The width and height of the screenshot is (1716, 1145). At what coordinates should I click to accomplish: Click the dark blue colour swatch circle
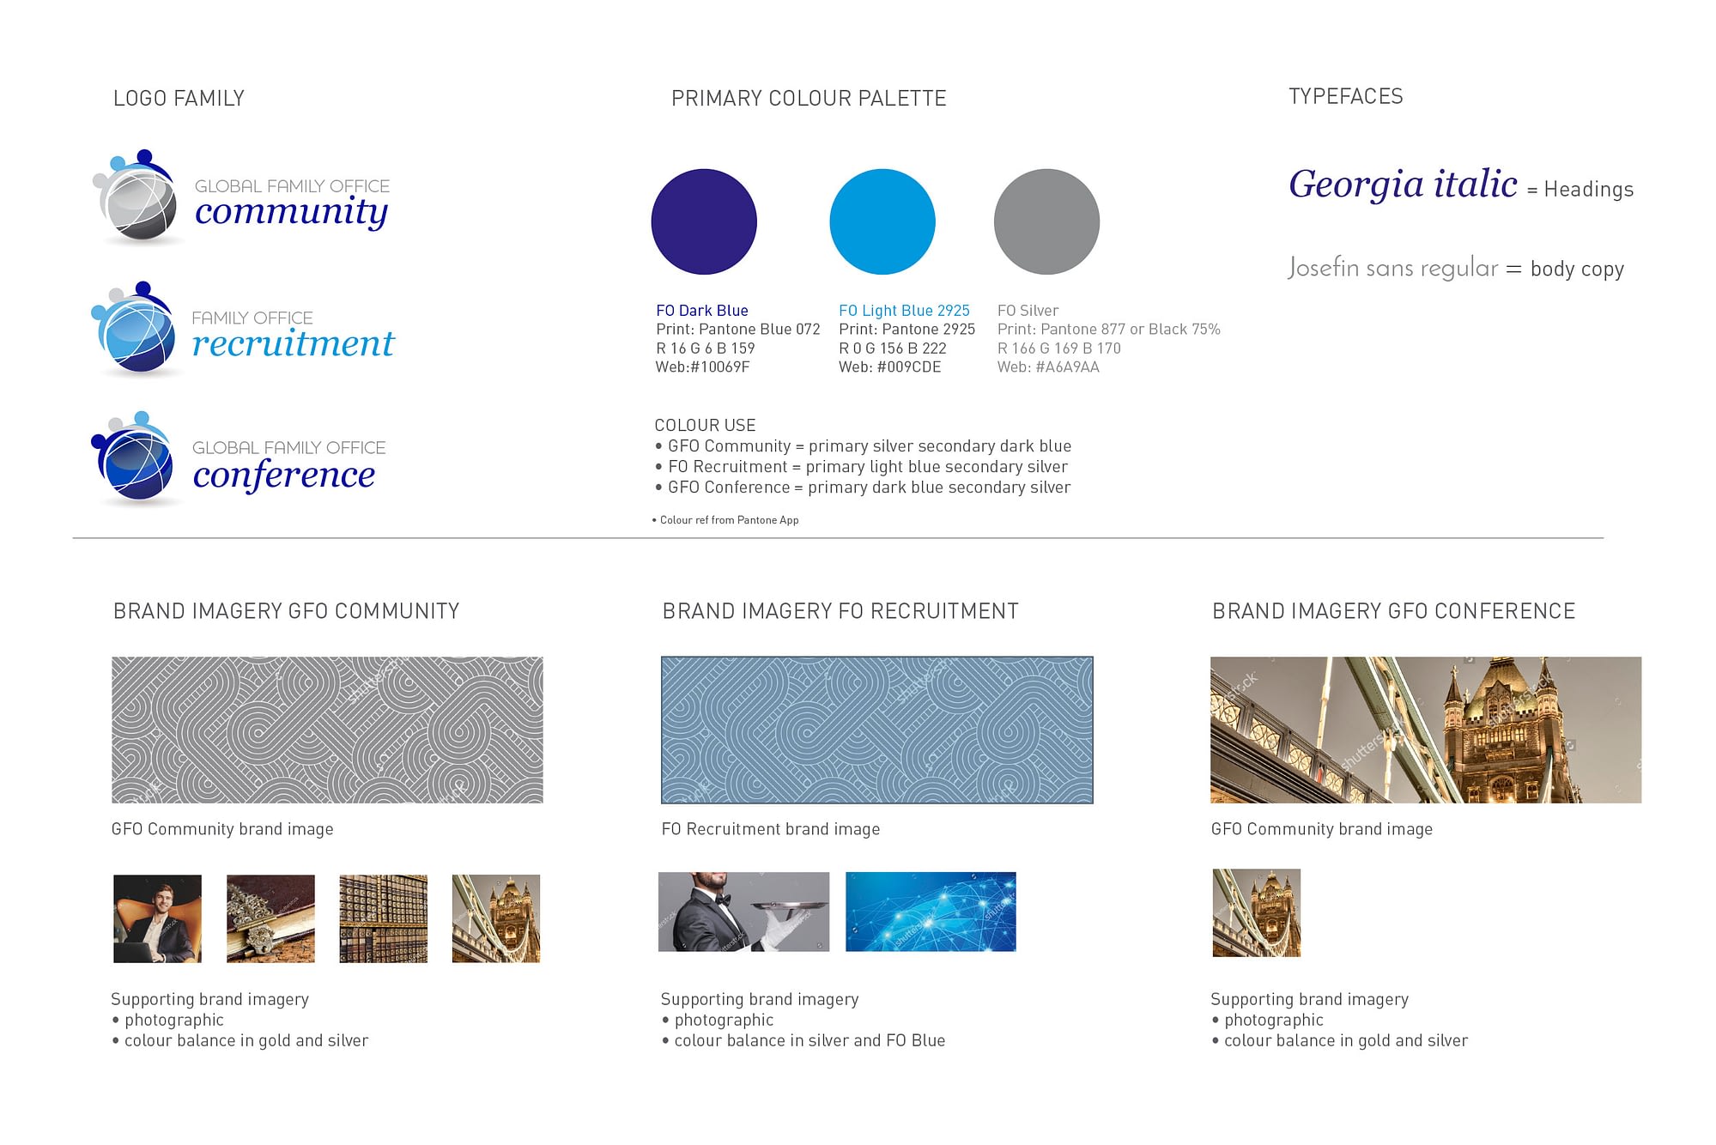point(704,221)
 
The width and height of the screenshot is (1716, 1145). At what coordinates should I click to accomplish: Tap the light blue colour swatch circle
point(882,221)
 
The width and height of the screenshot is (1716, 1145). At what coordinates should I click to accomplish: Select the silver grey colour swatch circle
point(1046,221)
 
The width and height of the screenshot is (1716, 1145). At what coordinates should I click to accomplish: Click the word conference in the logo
point(284,475)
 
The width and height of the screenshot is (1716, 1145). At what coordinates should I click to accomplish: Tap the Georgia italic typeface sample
point(1403,185)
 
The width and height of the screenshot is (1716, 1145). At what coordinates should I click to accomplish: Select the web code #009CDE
point(909,367)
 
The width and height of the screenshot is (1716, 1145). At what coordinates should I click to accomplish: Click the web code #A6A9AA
point(1067,367)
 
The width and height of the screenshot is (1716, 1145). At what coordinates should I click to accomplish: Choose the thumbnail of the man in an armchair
point(157,918)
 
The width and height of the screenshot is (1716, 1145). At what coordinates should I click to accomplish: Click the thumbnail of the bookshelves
point(383,918)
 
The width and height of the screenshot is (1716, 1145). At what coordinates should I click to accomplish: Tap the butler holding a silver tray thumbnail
point(743,912)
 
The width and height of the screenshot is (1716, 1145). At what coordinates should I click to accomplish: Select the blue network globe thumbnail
point(931,912)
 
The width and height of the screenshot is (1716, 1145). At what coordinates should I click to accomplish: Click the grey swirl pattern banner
point(327,730)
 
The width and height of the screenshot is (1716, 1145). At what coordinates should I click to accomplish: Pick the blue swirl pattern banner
point(876,730)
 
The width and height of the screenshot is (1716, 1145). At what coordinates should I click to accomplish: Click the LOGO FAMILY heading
point(179,99)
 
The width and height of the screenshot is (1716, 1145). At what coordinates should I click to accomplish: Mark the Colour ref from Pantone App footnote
point(725,520)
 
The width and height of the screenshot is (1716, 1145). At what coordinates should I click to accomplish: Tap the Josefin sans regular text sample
point(1392,268)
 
